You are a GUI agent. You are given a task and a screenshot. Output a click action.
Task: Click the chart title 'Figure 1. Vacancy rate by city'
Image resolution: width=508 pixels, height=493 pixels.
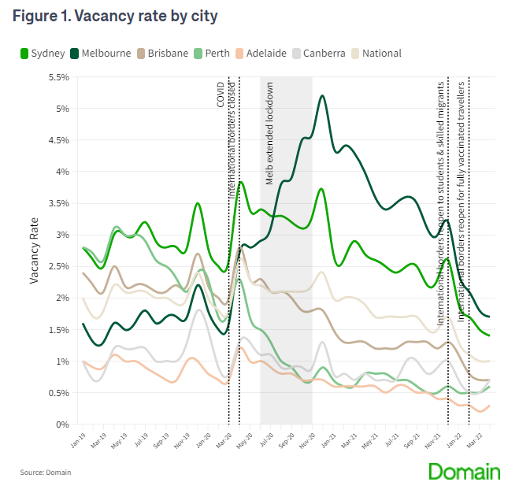point(115,15)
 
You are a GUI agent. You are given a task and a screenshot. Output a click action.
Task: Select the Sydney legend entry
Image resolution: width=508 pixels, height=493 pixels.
point(47,54)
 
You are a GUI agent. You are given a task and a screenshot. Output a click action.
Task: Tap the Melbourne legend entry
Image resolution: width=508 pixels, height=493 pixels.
point(103,54)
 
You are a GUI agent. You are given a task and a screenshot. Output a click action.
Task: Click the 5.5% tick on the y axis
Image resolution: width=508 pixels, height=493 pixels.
point(59,77)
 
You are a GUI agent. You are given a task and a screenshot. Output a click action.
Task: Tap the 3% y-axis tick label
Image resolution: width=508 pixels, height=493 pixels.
point(62,235)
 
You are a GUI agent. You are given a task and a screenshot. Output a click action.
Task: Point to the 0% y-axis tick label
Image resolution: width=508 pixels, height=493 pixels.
point(62,424)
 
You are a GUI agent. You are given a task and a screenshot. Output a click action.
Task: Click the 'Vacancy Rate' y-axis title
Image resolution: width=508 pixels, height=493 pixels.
point(35,250)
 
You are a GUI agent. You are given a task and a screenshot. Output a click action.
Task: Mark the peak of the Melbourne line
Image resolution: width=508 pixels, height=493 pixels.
point(323,96)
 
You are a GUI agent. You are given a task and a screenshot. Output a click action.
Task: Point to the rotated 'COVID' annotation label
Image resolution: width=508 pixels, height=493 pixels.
point(221,95)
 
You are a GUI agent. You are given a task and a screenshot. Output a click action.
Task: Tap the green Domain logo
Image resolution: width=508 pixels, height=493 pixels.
point(464,472)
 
